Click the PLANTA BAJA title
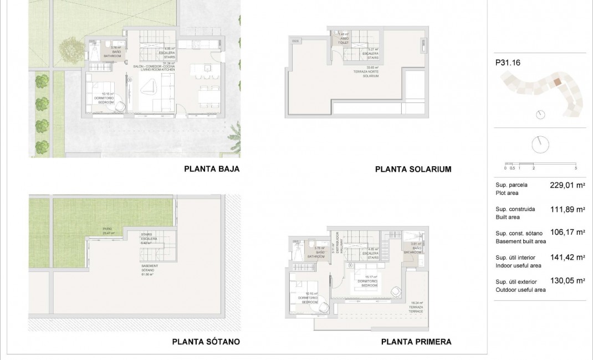pos(212,169)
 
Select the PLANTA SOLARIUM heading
pos(413,169)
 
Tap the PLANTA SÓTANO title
pos(206,342)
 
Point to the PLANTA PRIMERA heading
pos(416,342)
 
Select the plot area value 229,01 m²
pos(568,186)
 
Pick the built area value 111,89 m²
pos(568,209)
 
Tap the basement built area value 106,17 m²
pos(568,233)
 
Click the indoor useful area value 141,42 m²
pos(568,258)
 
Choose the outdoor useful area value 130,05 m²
pos(568,281)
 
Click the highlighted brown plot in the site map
pos(557,82)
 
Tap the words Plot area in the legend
pos(508,193)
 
